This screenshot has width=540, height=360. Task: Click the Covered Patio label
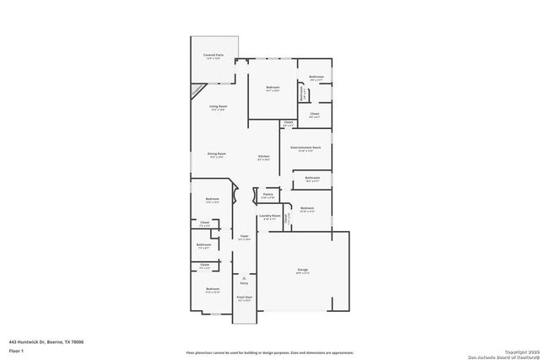coord(213,56)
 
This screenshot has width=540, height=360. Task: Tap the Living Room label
coord(218,106)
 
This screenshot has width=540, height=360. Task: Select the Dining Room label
coord(216,154)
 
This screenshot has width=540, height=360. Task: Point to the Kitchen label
coord(263,157)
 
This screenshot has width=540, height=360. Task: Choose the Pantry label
coord(267,195)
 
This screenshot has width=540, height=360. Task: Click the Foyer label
coord(245,236)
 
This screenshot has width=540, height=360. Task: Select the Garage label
coord(302,270)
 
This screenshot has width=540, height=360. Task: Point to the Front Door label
coord(245,298)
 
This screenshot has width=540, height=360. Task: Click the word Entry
coord(245,285)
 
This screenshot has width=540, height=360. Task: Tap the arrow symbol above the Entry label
coord(245,277)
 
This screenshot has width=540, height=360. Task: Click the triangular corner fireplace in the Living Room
coord(197,89)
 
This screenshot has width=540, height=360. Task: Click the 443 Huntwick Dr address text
coord(46,341)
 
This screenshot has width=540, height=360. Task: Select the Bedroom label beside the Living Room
coord(273,88)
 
